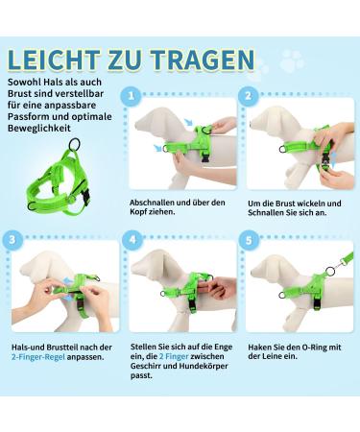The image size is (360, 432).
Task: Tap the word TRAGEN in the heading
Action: (203, 60)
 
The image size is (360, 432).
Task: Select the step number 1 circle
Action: (131, 96)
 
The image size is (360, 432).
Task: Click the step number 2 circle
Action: (249, 96)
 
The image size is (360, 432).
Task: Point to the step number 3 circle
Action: (12, 240)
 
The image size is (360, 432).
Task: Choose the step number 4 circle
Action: (132, 240)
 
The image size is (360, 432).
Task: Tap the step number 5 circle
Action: (249, 240)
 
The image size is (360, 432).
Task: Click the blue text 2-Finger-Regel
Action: (38, 357)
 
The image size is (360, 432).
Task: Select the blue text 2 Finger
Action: (173, 356)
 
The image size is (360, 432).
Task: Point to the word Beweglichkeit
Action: (39, 129)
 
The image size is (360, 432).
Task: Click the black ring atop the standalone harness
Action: (75, 144)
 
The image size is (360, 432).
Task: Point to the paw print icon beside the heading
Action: (292, 60)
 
